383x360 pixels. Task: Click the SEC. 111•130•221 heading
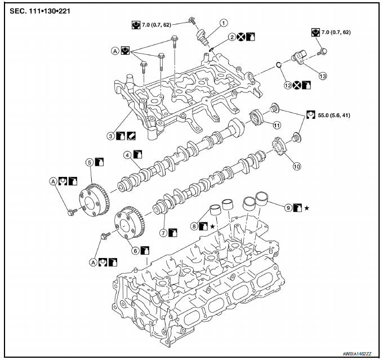[37, 10]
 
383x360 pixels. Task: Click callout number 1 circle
[224, 23]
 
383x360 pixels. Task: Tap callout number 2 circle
[231, 37]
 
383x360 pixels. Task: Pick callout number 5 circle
[89, 162]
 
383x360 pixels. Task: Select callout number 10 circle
[297, 166]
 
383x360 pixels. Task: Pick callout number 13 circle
[323, 75]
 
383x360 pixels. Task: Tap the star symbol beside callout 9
[307, 208]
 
